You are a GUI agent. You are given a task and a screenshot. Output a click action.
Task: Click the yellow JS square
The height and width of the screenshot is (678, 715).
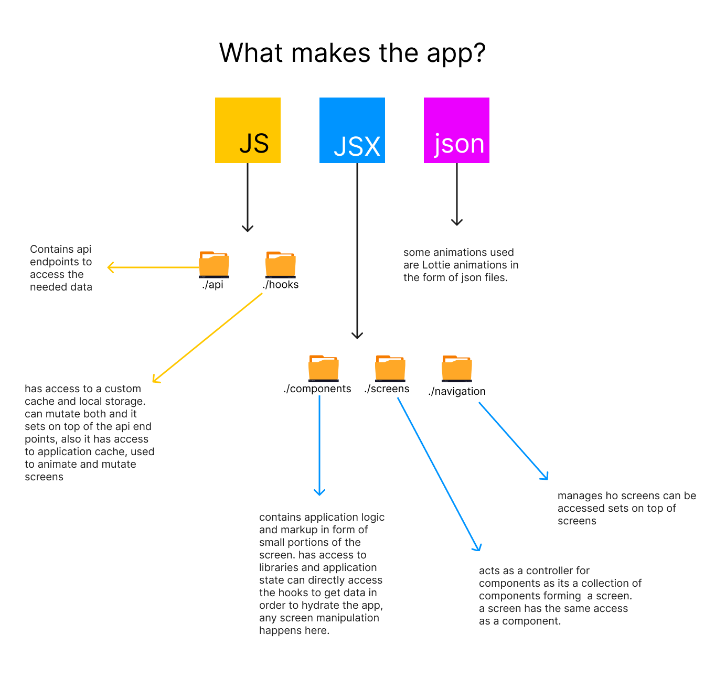248,130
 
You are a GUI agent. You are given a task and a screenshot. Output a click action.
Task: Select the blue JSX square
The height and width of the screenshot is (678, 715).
352,130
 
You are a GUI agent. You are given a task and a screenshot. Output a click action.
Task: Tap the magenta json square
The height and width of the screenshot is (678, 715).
456,130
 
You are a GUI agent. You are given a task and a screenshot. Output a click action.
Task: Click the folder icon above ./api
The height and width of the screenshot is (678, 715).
214,264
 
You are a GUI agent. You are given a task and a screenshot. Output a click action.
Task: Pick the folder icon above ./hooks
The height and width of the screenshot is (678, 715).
281,264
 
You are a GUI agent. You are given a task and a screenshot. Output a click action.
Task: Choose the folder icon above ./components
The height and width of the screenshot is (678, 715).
324,368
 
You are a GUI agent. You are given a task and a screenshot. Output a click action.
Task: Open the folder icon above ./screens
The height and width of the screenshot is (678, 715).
390,368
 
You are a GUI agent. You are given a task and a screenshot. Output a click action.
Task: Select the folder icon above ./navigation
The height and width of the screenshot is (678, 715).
457,368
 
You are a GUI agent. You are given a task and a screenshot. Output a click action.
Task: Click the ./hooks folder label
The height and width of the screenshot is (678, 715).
281,285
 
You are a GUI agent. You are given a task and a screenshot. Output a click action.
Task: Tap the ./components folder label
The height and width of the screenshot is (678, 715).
317,389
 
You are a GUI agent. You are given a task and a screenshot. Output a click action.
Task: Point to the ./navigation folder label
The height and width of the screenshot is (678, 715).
457,391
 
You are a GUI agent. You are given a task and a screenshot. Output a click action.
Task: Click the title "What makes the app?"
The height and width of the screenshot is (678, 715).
353,53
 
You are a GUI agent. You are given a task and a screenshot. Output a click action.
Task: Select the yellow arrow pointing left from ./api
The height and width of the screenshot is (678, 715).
152,267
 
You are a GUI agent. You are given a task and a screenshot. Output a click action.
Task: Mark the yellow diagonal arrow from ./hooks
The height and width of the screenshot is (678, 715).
207,338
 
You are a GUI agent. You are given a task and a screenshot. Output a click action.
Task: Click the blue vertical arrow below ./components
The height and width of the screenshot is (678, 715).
319,446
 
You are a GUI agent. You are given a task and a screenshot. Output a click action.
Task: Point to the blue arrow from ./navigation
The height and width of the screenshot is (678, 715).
513,440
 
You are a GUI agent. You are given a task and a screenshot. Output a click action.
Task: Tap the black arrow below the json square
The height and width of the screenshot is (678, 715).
457,194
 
